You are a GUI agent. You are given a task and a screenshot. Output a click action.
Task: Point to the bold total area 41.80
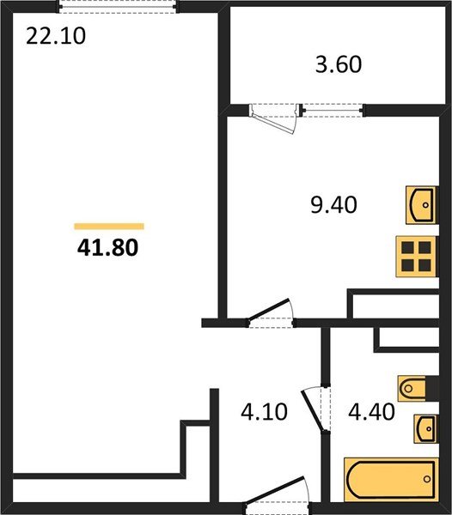[x=108, y=248]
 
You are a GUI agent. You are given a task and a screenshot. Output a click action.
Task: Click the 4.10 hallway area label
[x=265, y=412]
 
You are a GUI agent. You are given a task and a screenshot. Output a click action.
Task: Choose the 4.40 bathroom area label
[x=372, y=412]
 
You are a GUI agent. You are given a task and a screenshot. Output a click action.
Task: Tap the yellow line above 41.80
[x=109, y=227]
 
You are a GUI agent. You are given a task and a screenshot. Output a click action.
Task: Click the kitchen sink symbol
[x=422, y=204]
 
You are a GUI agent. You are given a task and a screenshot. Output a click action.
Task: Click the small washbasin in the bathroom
[x=425, y=427]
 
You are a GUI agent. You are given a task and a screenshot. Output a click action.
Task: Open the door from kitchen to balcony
[x=276, y=116]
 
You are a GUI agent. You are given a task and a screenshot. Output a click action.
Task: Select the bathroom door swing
[x=315, y=409]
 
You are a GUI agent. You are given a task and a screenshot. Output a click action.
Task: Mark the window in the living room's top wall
[x=118, y=6]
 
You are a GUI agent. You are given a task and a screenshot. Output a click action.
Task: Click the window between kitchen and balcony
[x=332, y=109]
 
